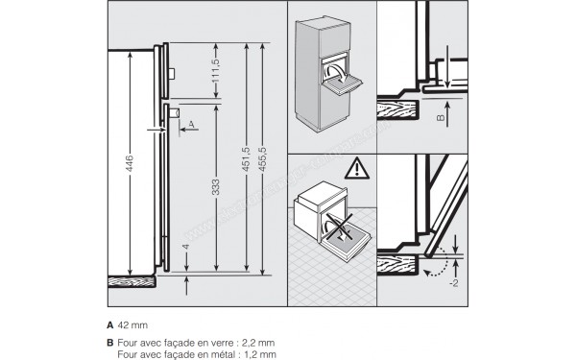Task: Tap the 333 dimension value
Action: [x=215, y=186]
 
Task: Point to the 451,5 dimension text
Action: [x=245, y=157]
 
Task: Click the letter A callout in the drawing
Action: [x=192, y=125]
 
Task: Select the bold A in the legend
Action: [x=111, y=326]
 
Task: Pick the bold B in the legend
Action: [x=111, y=343]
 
